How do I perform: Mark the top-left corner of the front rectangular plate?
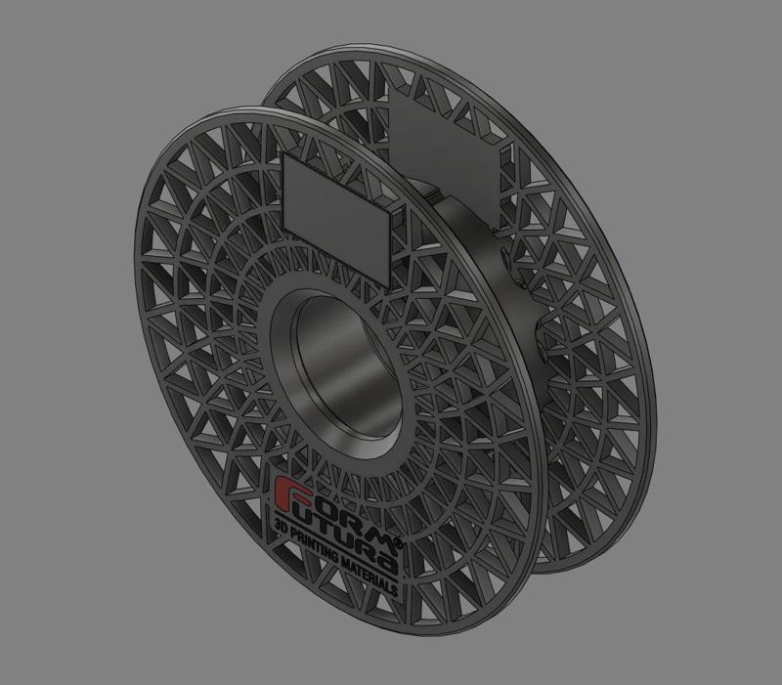[x=283, y=155]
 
